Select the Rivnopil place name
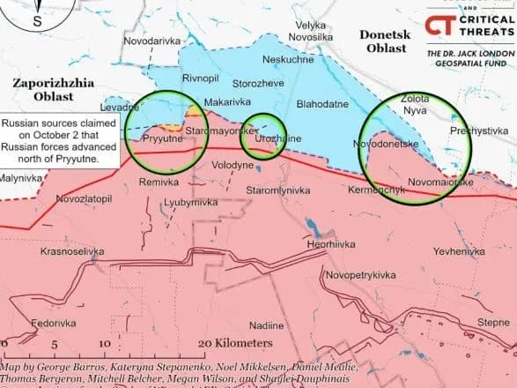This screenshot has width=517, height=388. tap(200, 78)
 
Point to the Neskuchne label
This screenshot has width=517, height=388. tap(288, 61)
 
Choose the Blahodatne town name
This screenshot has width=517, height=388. tap(323, 103)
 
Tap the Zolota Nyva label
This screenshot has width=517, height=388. tap(414, 105)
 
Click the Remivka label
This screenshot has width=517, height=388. tap(159, 182)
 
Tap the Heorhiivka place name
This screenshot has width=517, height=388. tap(330, 243)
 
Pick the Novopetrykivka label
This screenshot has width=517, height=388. tap(359, 275)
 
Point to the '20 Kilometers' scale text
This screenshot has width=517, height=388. tap(235, 342)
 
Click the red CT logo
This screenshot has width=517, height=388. tap(435, 26)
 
